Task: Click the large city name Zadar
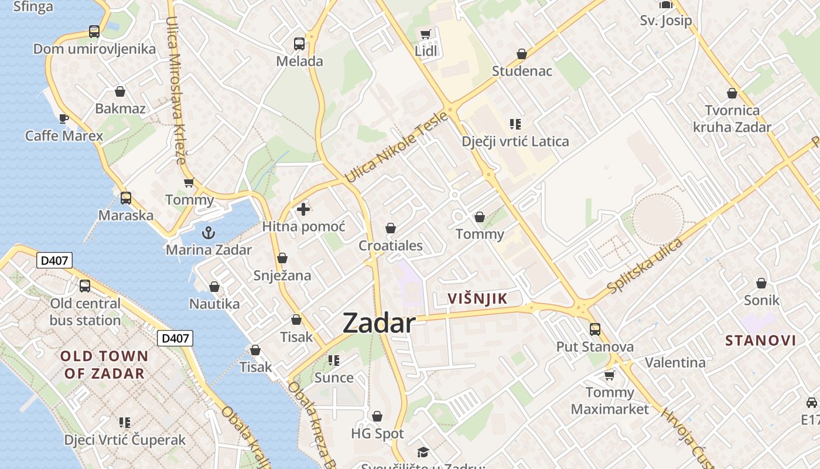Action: click(x=379, y=323)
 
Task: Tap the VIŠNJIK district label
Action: click(x=477, y=298)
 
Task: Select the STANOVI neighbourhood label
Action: click(x=760, y=341)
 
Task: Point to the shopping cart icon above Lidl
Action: click(x=426, y=34)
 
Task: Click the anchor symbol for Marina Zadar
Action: click(x=208, y=233)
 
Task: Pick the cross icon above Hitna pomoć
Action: click(x=303, y=209)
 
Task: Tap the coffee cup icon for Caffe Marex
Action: click(x=64, y=119)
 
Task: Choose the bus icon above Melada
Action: click(x=299, y=43)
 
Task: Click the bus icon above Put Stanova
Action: click(x=595, y=329)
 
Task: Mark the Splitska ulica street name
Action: click(x=645, y=266)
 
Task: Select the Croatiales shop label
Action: click(x=390, y=246)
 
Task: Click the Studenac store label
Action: click(x=522, y=72)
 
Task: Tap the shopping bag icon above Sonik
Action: click(x=761, y=284)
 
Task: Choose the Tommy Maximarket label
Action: click(x=610, y=400)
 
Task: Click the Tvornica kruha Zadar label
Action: click(x=732, y=118)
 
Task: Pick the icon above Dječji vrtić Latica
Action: click(x=515, y=124)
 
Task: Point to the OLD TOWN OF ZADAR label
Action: click(x=104, y=365)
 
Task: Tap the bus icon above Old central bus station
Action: click(x=85, y=286)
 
